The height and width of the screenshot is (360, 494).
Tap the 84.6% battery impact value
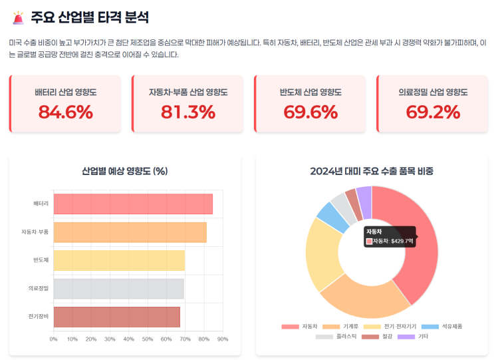(65, 112)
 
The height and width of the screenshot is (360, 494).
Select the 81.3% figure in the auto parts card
(187, 112)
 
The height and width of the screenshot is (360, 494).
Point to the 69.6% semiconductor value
(310, 112)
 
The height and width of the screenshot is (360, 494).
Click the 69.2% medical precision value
(433, 112)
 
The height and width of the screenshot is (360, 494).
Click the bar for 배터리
(133, 204)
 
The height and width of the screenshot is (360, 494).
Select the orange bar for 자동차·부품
(130, 232)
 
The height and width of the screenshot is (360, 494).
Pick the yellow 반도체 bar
(119, 260)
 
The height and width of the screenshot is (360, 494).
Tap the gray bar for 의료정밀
(118, 289)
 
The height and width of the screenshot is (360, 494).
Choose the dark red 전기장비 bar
(116, 317)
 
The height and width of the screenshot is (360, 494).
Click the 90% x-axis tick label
(223, 339)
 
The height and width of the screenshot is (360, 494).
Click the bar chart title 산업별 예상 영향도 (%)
(124, 171)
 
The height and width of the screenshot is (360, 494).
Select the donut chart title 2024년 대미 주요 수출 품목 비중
(372, 171)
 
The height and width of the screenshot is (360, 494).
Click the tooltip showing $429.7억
(390, 236)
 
